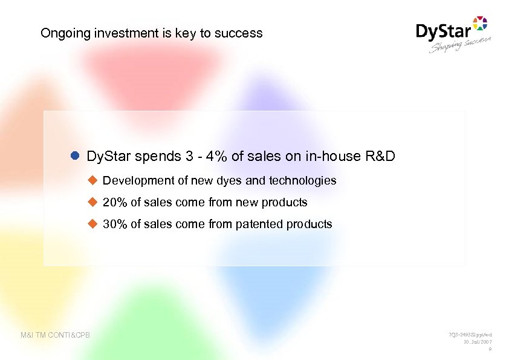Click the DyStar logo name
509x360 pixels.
coord(443,31)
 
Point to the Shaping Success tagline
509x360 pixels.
coord(460,45)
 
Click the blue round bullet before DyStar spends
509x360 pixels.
coord(75,156)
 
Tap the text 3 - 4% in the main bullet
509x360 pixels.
coord(204,156)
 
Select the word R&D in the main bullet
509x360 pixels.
coord(381,156)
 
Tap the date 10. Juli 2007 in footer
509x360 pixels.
coord(475,342)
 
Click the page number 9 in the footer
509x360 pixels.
coord(489,349)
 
